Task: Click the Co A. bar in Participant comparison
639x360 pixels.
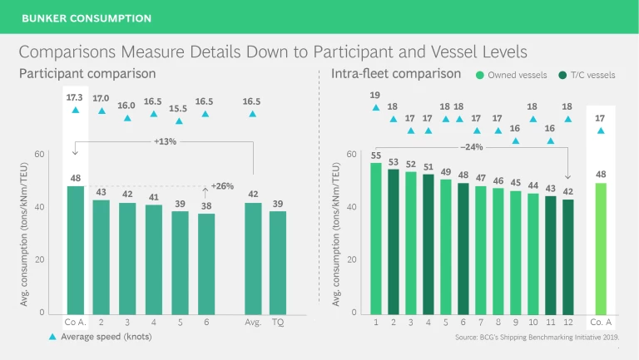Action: (75, 249)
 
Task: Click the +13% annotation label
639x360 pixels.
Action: (165, 142)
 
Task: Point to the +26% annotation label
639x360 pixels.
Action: (222, 185)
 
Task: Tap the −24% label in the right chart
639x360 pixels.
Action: (471, 147)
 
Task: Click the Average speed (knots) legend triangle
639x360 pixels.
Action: (52, 337)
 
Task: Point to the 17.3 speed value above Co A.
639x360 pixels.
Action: (75, 98)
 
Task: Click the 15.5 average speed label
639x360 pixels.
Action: (178, 108)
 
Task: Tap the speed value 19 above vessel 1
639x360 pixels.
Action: (375, 95)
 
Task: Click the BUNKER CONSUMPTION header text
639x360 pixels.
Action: (87, 17)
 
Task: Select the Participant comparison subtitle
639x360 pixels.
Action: (87, 74)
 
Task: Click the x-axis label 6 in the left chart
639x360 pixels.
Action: (205, 322)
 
